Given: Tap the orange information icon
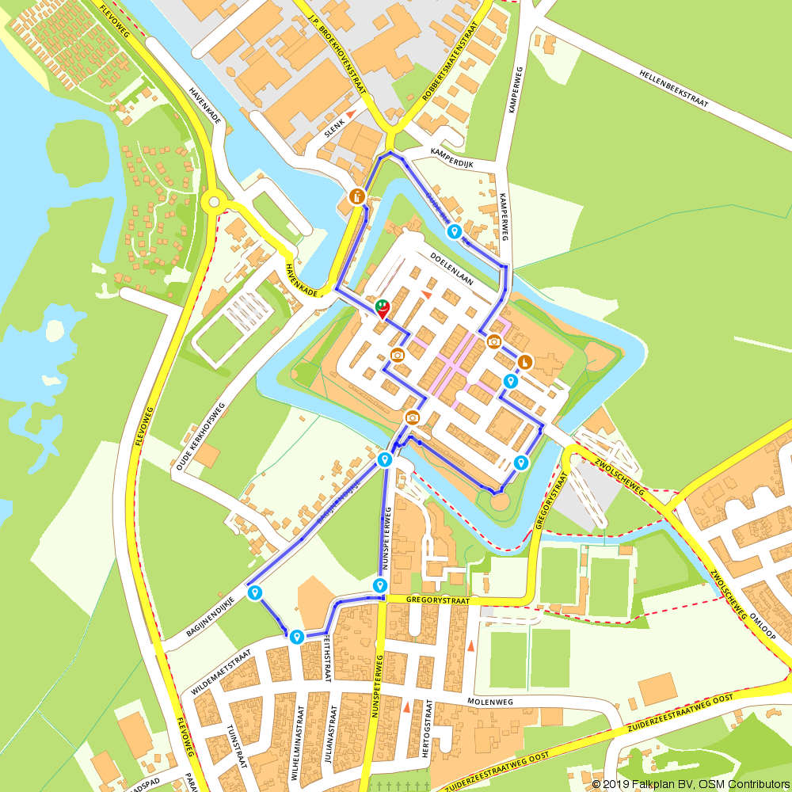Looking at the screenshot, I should point(357,196).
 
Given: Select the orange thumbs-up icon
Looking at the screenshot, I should point(524,362).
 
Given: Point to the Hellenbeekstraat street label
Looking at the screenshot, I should point(673,88).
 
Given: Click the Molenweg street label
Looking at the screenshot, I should point(491,701).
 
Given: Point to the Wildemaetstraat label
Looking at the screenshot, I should point(221,672).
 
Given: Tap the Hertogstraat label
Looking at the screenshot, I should point(428,729).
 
